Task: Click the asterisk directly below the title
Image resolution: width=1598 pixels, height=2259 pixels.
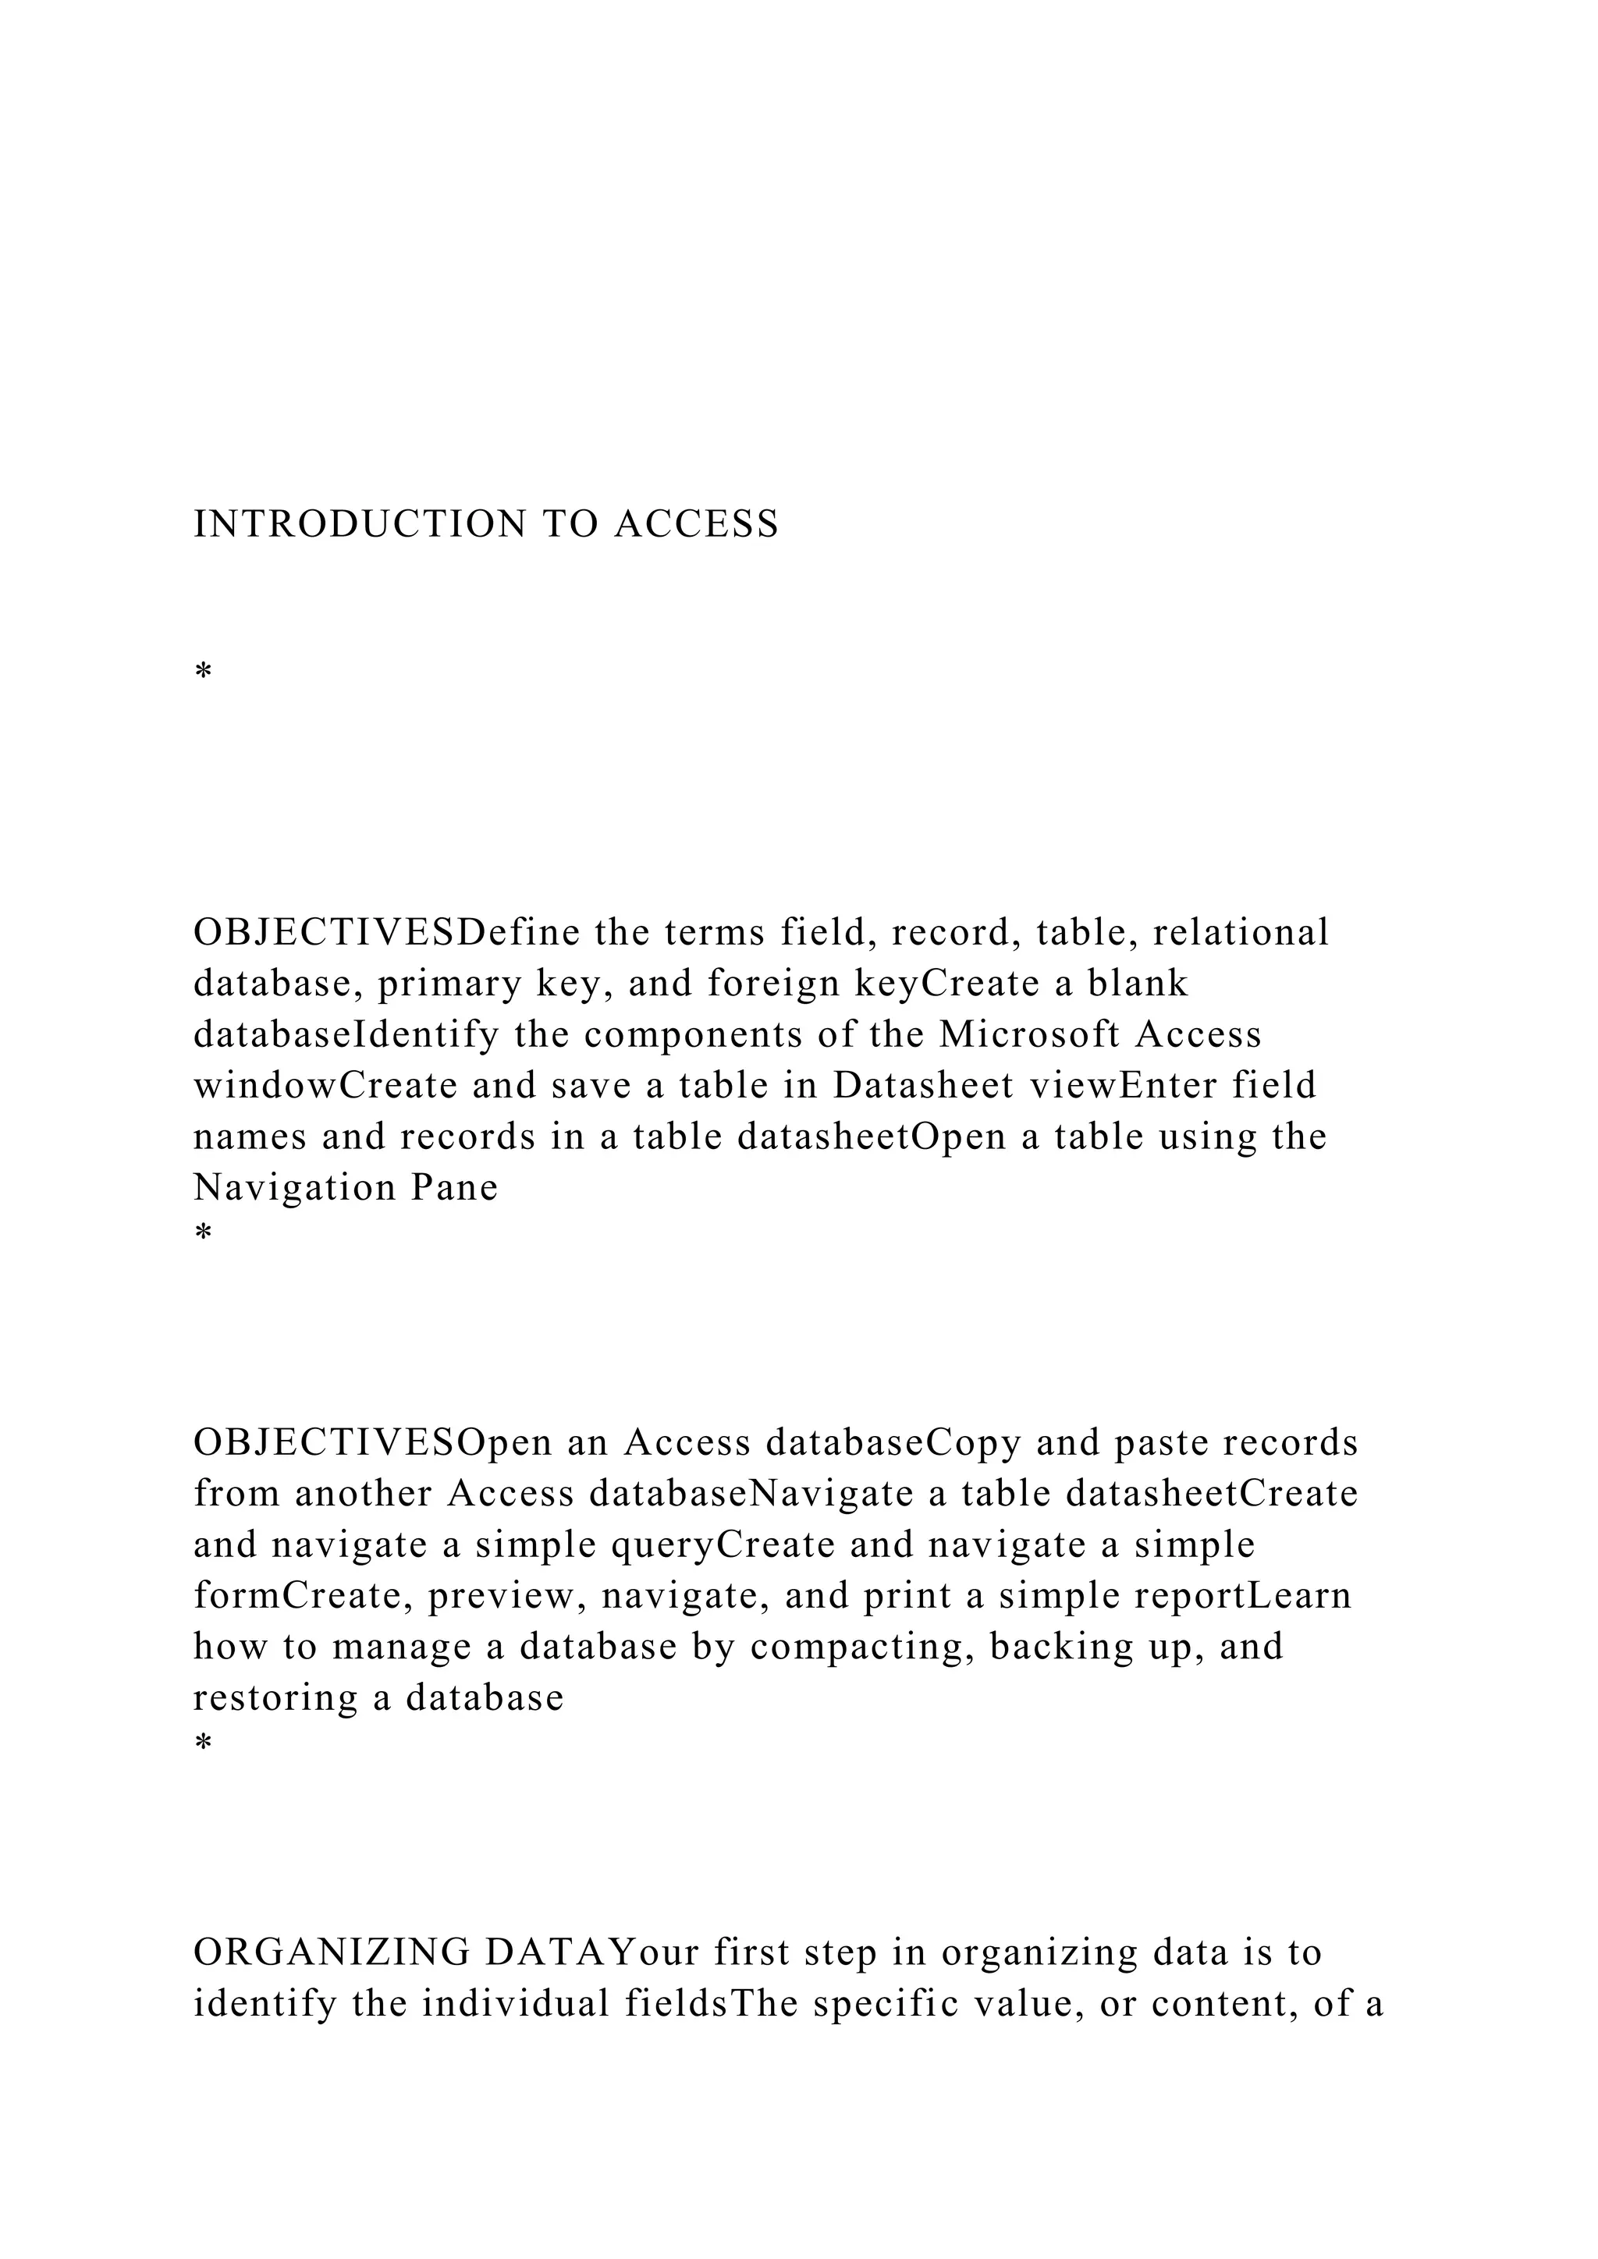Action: click(204, 673)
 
